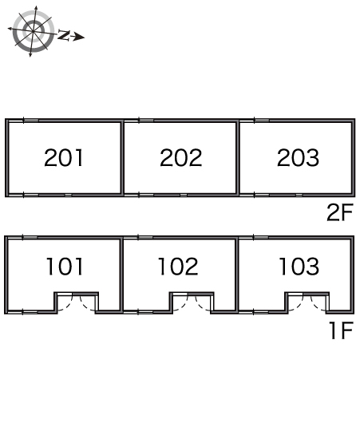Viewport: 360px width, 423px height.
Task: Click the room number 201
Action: (64, 158)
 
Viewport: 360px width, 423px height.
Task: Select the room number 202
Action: (181, 158)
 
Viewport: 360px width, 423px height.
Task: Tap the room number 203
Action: (298, 158)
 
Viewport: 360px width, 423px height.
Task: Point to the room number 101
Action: (65, 267)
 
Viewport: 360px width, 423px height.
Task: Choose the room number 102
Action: (178, 267)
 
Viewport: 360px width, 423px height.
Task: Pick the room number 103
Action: (299, 267)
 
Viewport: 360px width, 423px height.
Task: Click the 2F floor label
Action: (340, 212)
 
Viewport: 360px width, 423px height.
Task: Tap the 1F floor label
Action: (341, 330)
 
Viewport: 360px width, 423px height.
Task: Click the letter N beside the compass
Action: (64, 35)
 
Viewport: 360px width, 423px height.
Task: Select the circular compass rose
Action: (34, 31)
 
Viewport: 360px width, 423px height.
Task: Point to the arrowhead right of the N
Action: (79, 37)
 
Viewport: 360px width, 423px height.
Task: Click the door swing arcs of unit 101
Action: (77, 303)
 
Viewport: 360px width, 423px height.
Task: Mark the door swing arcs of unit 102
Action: (192, 303)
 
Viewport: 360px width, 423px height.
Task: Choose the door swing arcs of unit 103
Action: (307, 303)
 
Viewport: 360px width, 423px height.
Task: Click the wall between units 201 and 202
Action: (122, 158)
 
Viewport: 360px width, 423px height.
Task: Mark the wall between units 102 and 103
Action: (237, 275)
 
